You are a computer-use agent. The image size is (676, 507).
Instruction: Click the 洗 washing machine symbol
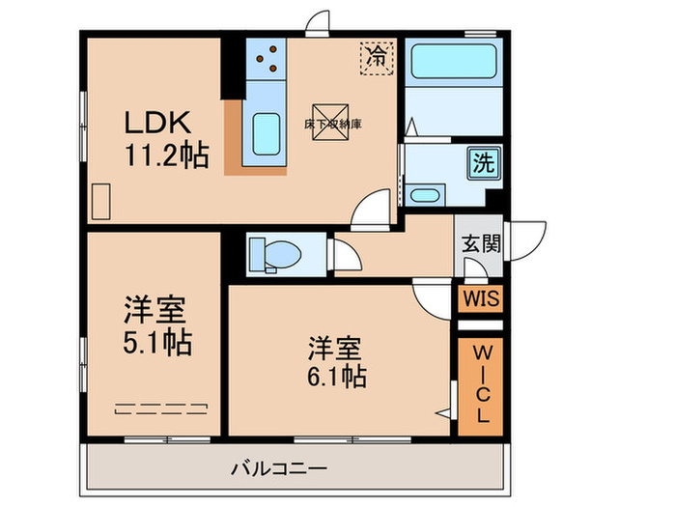point(482,163)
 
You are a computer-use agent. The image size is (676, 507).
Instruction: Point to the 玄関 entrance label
point(479,243)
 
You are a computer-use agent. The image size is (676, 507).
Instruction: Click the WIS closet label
point(480,298)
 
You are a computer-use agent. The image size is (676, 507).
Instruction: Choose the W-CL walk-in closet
point(480,383)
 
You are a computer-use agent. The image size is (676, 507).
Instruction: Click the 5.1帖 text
point(156,342)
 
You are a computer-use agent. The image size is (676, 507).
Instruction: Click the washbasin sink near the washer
point(425,196)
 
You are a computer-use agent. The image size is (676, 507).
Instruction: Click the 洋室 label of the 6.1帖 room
point(335,344)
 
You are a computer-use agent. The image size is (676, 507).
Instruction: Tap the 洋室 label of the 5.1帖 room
point(155,311)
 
